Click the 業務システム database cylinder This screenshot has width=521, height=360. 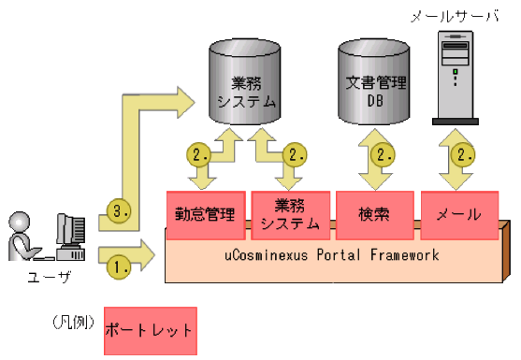pyautogui.click(x=246, y=90)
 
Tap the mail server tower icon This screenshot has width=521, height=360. pyautogui.click(x=456, y=75)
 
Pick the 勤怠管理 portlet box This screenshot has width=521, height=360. pyautogui.click(x=206, y=213)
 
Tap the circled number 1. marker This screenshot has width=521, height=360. pyautogui.click(x=119, y=266)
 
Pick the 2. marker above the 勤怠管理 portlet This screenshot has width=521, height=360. pyautogui.click(x=198, y=154)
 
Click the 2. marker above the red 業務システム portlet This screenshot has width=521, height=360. pyautogui.click(x=294, y=154)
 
